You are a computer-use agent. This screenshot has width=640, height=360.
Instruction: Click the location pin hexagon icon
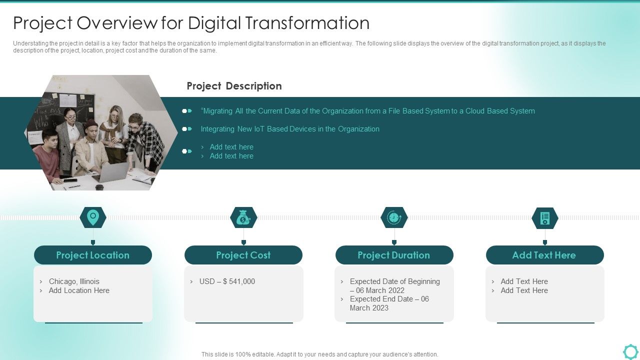tap(93, 217)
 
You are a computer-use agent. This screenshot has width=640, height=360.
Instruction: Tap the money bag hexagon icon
tap(243, 217)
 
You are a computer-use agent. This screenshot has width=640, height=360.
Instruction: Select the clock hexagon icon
tap(394, 217)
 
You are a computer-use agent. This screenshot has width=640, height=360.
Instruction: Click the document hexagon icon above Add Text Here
tap(545, 218)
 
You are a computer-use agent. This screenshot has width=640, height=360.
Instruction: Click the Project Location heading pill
tap(93, 255)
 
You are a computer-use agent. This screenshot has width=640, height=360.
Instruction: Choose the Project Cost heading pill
tap(243, 255)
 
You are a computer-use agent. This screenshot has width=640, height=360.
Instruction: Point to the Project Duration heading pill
tap(394, 255)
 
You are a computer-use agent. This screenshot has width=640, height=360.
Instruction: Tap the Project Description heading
tap(234, 86)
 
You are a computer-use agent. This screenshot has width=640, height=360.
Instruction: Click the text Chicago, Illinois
tap(74, 281)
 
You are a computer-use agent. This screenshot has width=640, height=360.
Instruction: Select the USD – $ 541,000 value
tap(227, 281)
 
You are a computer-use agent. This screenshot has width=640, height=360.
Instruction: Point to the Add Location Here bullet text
tap(79, 290)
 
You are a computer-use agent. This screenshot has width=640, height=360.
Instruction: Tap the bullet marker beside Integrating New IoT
tap(187, 129)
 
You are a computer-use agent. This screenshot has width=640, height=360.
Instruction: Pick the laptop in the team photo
tap(111, 172)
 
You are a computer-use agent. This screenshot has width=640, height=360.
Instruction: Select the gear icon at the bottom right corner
tap(630, 351)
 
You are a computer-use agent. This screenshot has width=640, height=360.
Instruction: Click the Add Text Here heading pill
tap(544, 255)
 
